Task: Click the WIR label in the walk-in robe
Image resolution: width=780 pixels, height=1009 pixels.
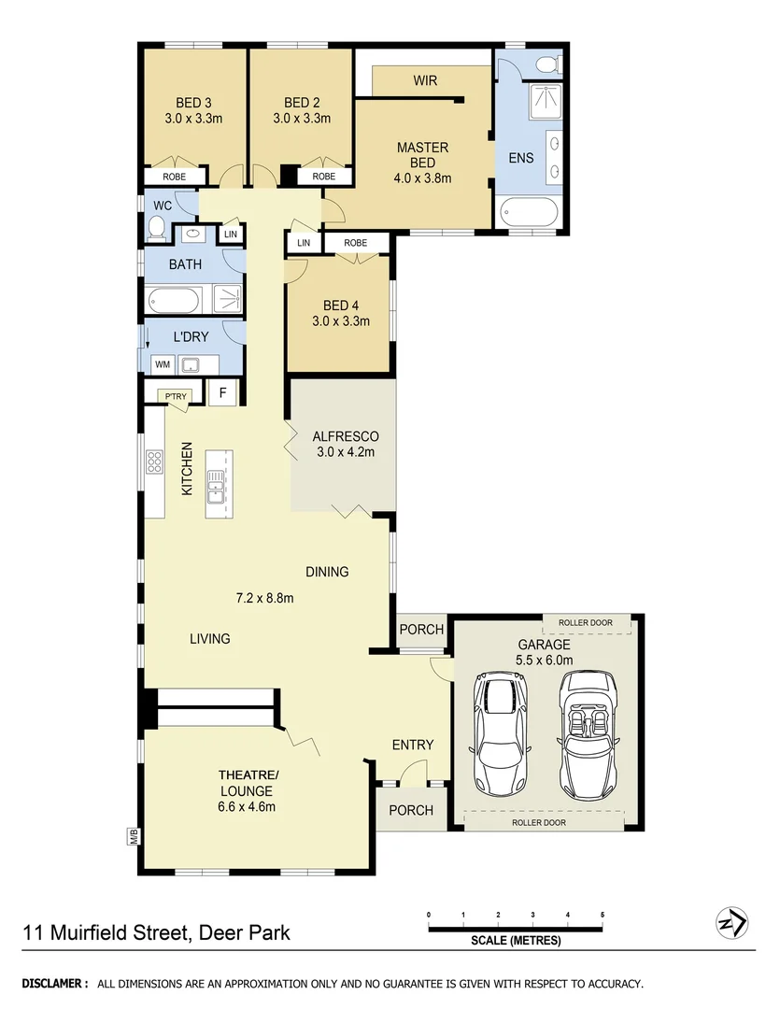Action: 425,81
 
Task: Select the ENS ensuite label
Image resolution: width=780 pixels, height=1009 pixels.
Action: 520,158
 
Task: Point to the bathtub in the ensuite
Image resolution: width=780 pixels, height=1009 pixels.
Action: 529,213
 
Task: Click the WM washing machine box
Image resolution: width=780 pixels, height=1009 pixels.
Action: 163,364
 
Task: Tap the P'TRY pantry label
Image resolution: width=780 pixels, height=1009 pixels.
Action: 176,397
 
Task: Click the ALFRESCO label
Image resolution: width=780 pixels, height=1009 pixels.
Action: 345,436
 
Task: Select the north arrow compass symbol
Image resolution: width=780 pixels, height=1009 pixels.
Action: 730,924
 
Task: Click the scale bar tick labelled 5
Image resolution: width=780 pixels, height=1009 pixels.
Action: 603,915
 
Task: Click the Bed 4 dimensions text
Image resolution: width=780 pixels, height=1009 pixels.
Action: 341,321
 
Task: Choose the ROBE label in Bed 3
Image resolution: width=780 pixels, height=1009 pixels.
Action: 174,177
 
